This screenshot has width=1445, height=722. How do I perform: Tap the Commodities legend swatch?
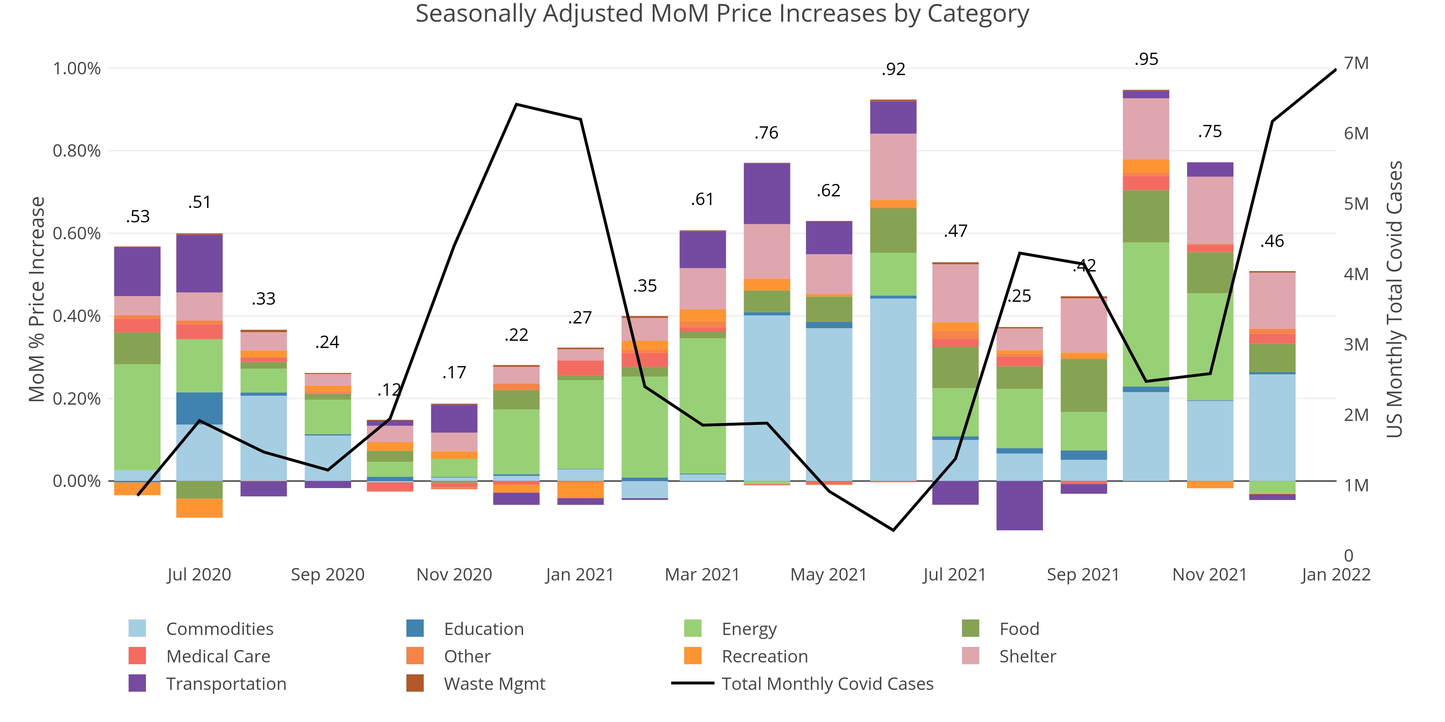point(137,629)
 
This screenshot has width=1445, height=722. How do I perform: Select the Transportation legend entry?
point(226,684)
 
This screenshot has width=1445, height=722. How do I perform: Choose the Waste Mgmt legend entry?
point(493,684)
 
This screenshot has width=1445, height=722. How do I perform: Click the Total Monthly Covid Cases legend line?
point(693,683)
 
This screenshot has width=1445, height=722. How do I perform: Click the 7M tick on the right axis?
point(1356,63)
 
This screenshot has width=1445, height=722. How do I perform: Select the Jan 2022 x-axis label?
point(1336,575)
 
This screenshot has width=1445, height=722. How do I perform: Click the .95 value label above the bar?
point(1146,59)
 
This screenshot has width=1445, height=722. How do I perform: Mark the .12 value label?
point(389,390)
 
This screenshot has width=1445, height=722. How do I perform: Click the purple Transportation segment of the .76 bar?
point(767,193)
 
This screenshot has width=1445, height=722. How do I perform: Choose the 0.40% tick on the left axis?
point(77,316)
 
